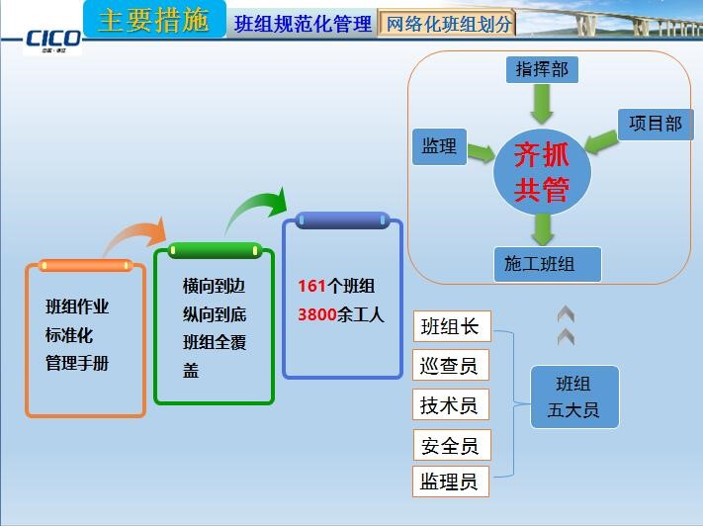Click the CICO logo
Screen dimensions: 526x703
(x=52, y=39)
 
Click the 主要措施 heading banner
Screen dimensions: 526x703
(x=154, y=21)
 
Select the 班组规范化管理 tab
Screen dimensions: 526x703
(x=303, y=24)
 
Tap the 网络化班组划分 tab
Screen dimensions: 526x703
(x=448, y=24)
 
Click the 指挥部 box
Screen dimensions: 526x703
(x=542, y=69)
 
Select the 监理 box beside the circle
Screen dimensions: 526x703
(x=439, y=146)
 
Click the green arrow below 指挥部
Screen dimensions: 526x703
(x=542, y=104)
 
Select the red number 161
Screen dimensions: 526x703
(x=311, y=287)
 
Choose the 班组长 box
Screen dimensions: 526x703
(x=451, y=326)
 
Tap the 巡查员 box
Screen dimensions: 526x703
(x=451, y=366)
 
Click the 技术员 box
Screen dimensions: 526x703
(x=451, y=404)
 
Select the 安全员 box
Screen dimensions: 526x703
(x=451, y=445)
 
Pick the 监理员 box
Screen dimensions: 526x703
(x=451, y=482)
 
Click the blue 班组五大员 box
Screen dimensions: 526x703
(x=573, y=396)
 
